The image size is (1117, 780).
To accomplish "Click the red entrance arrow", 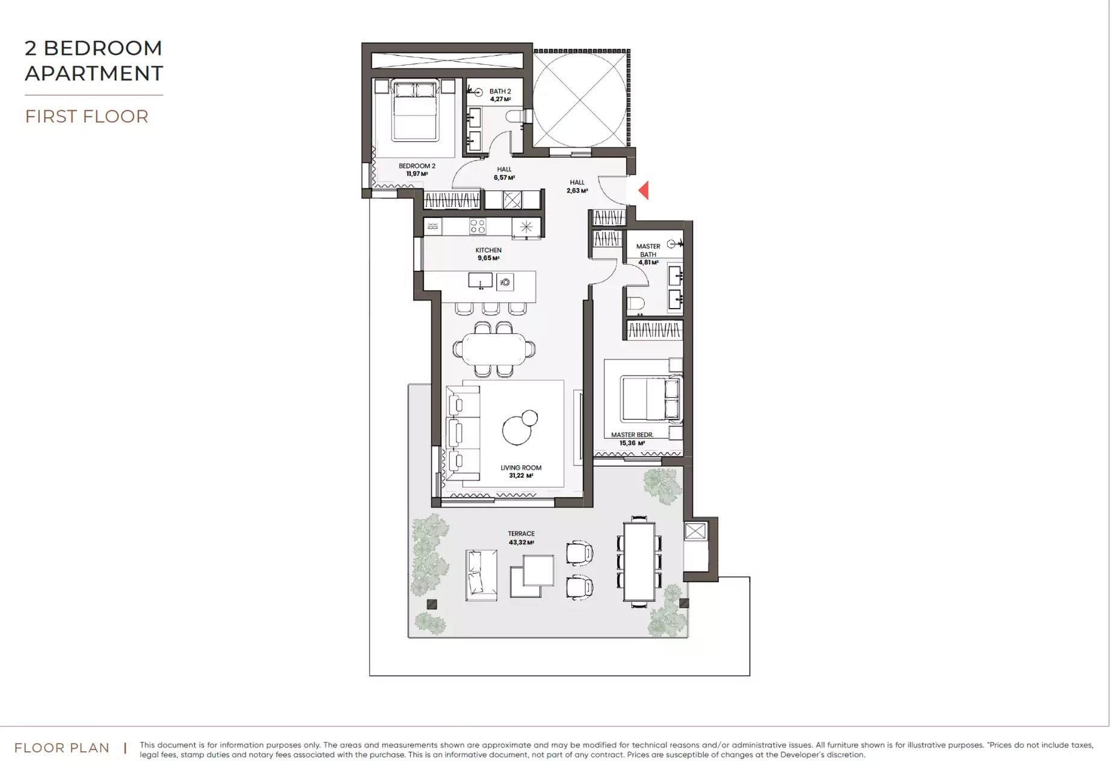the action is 644,191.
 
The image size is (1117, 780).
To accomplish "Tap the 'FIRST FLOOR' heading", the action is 87,117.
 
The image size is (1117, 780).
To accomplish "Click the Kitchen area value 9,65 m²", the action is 488,258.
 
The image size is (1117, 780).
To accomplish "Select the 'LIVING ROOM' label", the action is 521,468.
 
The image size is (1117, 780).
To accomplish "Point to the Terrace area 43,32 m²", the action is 521,542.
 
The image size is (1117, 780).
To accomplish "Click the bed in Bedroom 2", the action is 414,111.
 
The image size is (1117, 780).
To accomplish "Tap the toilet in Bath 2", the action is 515,116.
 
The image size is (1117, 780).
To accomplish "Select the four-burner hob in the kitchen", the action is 478,226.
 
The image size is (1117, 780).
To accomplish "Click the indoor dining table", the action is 494,349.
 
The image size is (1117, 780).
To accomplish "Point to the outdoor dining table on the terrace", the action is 639,562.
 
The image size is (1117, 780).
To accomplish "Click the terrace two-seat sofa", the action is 481,575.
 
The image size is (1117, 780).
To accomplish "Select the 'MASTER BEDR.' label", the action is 632,435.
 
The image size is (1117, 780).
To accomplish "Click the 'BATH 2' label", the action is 500,91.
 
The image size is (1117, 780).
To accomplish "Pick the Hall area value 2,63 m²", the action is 577,191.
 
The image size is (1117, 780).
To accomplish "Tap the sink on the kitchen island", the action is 481,280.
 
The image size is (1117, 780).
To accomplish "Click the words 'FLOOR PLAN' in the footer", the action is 62,748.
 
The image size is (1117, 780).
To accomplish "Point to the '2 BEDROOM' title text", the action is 94,48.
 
